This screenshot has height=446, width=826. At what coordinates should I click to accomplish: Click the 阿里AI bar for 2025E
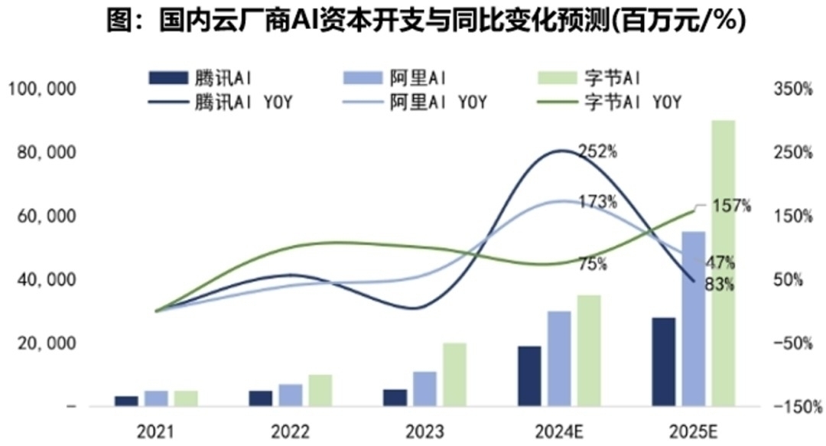click(693, 318)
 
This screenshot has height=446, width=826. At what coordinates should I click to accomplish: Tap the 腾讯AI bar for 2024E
click(529, 376)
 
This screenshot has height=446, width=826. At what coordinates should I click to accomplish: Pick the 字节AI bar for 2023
click(454, 374)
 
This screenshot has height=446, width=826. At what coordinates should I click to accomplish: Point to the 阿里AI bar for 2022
click(291, 395)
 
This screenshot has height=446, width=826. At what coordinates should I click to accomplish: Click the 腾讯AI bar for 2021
click(127, 401)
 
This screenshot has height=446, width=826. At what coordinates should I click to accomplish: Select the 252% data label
click(598, 151)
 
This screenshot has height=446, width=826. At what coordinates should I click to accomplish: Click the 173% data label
click(598, 203)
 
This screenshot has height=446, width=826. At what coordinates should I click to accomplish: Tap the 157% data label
click(732, 206)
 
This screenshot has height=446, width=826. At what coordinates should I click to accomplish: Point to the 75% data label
click(593, 265)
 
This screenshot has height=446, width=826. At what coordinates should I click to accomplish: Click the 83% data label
click(720, 285)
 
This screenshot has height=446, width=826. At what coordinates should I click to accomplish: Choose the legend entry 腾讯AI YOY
click(233, 102)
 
